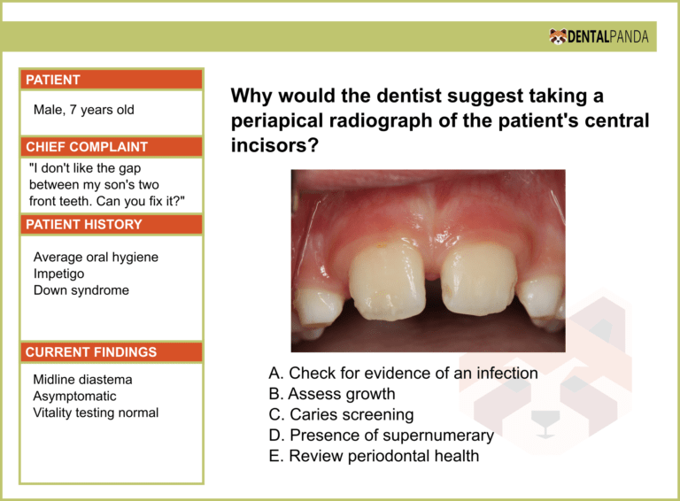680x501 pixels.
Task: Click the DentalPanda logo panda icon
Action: click(558, 36)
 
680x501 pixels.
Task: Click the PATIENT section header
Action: click(53, 80)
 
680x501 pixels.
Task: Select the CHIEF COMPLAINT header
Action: click(87, 147)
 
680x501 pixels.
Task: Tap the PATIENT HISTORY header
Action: click(84, 225)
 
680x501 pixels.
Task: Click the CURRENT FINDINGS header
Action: click(91, 352)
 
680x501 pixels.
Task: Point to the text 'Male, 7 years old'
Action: click(84, 111)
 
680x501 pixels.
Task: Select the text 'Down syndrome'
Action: click(81, 290)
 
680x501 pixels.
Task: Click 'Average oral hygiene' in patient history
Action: click(96, 257)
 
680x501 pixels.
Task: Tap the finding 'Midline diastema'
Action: click(82, 380)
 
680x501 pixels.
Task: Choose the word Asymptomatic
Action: click(75, 397)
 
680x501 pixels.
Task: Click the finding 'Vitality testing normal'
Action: click(96, 412)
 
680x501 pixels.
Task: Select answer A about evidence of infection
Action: click(403, 374)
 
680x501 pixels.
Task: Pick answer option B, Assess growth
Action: click(331, 394)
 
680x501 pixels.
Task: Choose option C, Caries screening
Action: click(341, 414)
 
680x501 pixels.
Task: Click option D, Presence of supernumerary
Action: click(381, 435)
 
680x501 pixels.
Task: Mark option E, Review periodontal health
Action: click(374, 456)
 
